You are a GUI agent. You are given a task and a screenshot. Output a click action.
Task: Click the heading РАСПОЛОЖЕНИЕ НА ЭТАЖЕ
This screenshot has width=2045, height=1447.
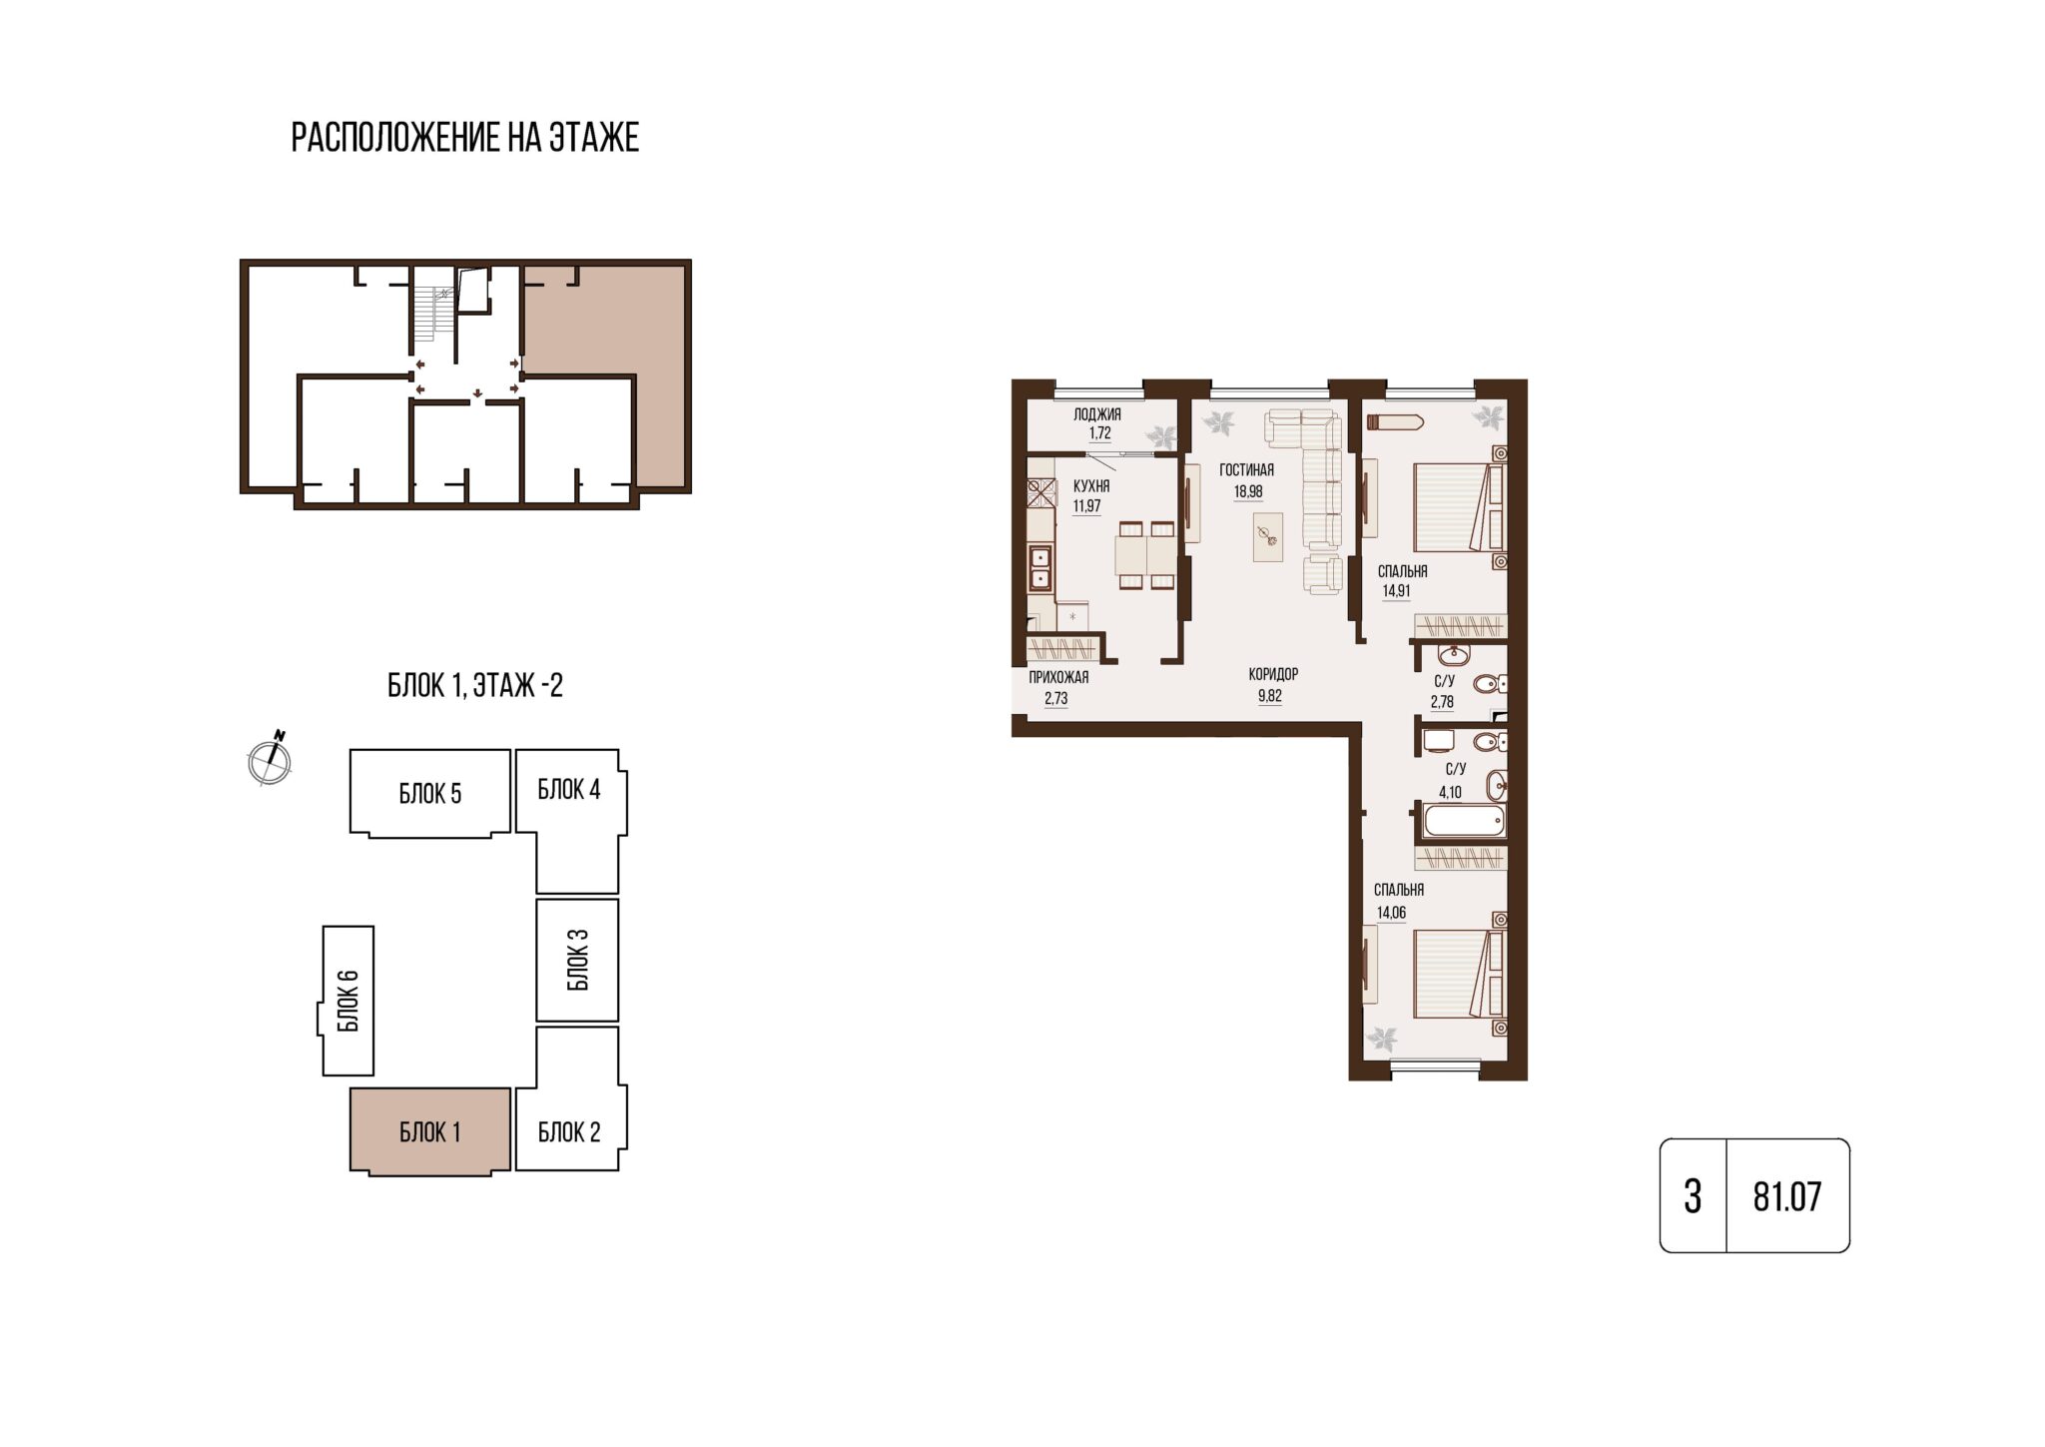tap(464, 138)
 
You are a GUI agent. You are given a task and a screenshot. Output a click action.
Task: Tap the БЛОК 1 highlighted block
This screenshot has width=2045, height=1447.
tap(429, 1131)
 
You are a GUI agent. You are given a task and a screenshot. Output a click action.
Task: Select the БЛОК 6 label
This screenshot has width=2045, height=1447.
tap(347, 1001)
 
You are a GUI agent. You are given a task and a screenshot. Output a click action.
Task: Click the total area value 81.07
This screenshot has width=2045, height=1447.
tap(1787, 1195)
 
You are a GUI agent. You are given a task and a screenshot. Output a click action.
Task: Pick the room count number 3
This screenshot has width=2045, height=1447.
tap(1693, 1195)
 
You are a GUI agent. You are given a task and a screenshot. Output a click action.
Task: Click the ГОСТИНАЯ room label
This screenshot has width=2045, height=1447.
tap(1247, 470)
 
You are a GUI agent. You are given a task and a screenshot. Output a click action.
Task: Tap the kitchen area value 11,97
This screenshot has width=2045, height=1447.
tap(1086, 506)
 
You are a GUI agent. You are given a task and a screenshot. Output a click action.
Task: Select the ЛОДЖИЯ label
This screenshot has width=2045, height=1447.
tap(1097, 414)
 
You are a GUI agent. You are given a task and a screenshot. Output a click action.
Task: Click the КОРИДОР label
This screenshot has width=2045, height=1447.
tap(1273, 675)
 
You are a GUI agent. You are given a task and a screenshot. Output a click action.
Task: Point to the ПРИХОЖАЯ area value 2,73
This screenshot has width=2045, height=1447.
tap(1056, 699)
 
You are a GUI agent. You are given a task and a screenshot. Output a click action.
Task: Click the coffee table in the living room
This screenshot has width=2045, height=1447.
tap(1268, 537)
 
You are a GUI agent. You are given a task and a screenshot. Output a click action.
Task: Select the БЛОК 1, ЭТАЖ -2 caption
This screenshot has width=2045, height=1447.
tap(474, 686)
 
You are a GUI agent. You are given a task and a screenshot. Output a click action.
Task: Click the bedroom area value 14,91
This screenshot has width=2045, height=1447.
tap(1397, 591)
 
